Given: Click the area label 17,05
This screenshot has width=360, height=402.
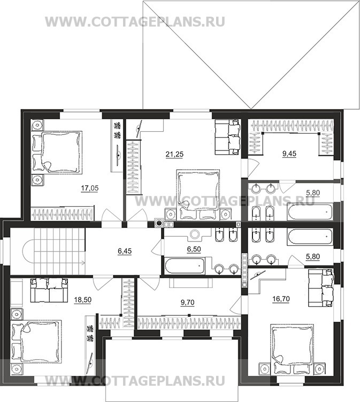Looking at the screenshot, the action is coord(90,188).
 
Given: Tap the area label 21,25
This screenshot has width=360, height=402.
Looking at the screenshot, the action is coord(174,154).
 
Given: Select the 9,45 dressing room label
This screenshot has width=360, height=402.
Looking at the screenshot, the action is coord(289,154).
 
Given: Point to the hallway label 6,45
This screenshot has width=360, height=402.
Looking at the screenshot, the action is coord(125,251).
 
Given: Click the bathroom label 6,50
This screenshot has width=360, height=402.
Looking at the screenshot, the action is coord(194,249).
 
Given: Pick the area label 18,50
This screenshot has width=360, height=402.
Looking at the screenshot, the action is coord(82,300).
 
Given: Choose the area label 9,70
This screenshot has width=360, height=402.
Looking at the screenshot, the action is coord(188,303).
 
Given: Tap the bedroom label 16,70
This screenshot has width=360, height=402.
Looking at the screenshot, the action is coord(281,299).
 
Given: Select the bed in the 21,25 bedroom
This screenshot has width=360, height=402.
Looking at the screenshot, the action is coord(198,194).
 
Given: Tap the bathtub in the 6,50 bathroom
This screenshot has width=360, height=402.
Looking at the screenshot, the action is coord(185,266).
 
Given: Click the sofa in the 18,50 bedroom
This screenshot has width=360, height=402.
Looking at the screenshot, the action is coord(49,290).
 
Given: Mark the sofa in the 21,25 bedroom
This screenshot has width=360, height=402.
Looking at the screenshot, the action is coord(227,137).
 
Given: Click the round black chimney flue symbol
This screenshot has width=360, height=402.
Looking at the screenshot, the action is coord(159,223).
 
